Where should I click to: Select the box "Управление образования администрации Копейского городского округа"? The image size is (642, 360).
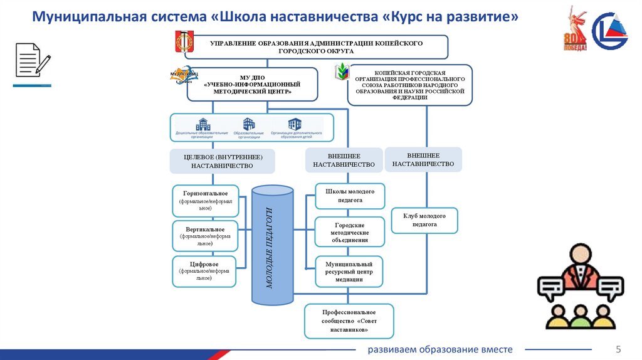[316, 47]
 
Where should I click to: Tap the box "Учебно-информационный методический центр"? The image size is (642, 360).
[252, 84]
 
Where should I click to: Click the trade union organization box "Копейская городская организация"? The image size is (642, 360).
[410, 85]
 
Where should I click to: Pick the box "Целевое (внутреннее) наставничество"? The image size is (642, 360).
[222, 161]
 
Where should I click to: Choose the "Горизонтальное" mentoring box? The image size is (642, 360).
[206, 200]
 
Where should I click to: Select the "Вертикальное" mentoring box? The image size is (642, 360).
[206, 236]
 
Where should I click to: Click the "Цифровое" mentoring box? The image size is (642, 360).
[204, 271]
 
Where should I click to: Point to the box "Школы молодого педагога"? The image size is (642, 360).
[349, 196]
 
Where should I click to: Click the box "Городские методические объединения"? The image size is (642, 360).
[349, 232]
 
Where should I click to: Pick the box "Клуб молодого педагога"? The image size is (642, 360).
[424, 220]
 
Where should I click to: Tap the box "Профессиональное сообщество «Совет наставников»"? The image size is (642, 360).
[349, 320]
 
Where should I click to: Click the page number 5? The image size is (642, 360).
[618, 349]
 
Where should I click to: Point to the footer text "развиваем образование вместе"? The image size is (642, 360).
[439, 349]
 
